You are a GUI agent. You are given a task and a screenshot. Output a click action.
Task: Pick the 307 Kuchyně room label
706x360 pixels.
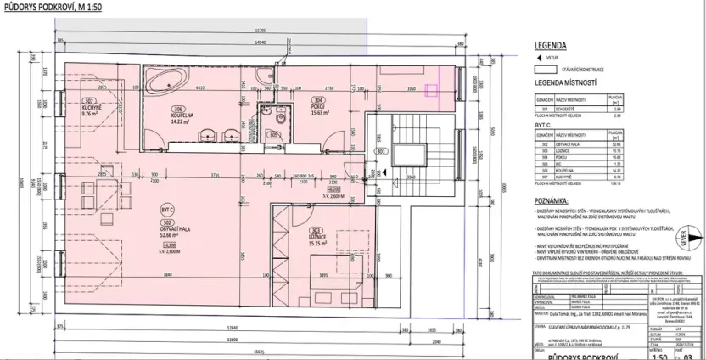[68, 107]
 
